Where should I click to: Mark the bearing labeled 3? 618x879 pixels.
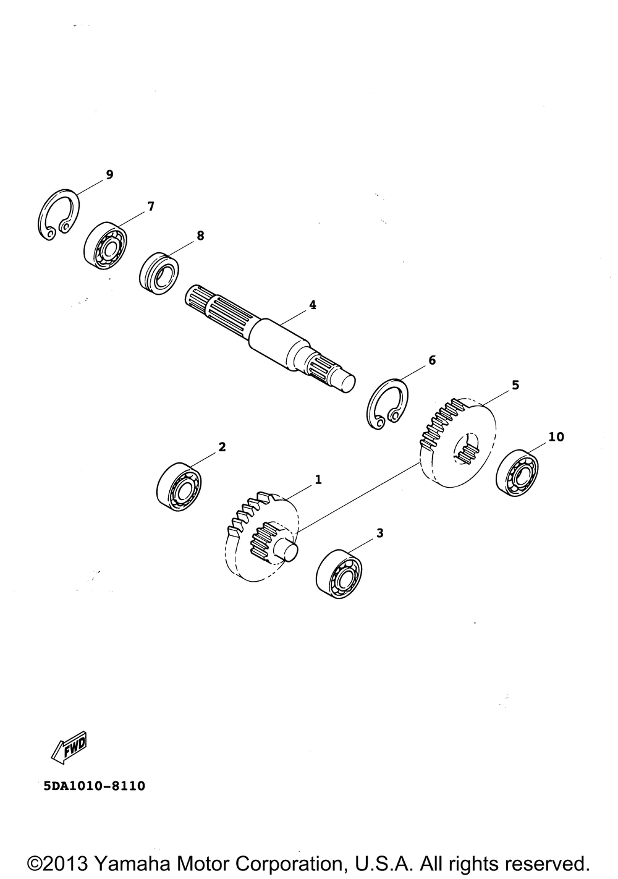[x=338, y=573]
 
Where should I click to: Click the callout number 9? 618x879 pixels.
[x=109, y=175]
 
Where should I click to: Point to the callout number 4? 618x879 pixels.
[x=313, y=305]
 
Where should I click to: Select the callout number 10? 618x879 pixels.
[x=556, y=437]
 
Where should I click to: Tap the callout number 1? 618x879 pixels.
[x=318, y=479]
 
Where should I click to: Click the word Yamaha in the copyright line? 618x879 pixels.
[x=133, y=863]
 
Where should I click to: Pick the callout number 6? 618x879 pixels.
[x=432, y=360]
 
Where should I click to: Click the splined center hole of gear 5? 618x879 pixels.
[x=466, y=448]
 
